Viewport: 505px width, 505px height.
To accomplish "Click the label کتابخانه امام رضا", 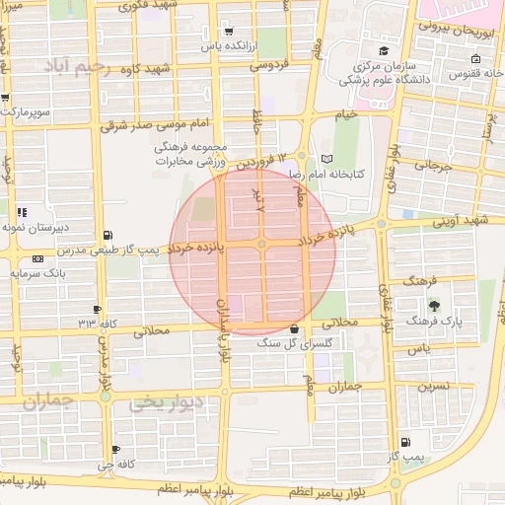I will (x=326, y=173).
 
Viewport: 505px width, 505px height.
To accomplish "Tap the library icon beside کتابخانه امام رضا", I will (x=327, y=159).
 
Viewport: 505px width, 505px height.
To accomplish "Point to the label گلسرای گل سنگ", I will (x=295, y=343).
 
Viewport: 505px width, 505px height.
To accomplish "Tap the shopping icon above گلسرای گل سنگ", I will (x=295, y=328).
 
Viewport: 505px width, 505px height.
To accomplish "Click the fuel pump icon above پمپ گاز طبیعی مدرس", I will (x=107, y=235).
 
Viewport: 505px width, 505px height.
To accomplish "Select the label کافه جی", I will (x=116, y=463).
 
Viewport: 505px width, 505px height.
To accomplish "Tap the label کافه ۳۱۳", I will (x=98, y=324).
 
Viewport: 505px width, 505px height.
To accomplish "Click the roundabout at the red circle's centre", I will (x=261, y=244).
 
